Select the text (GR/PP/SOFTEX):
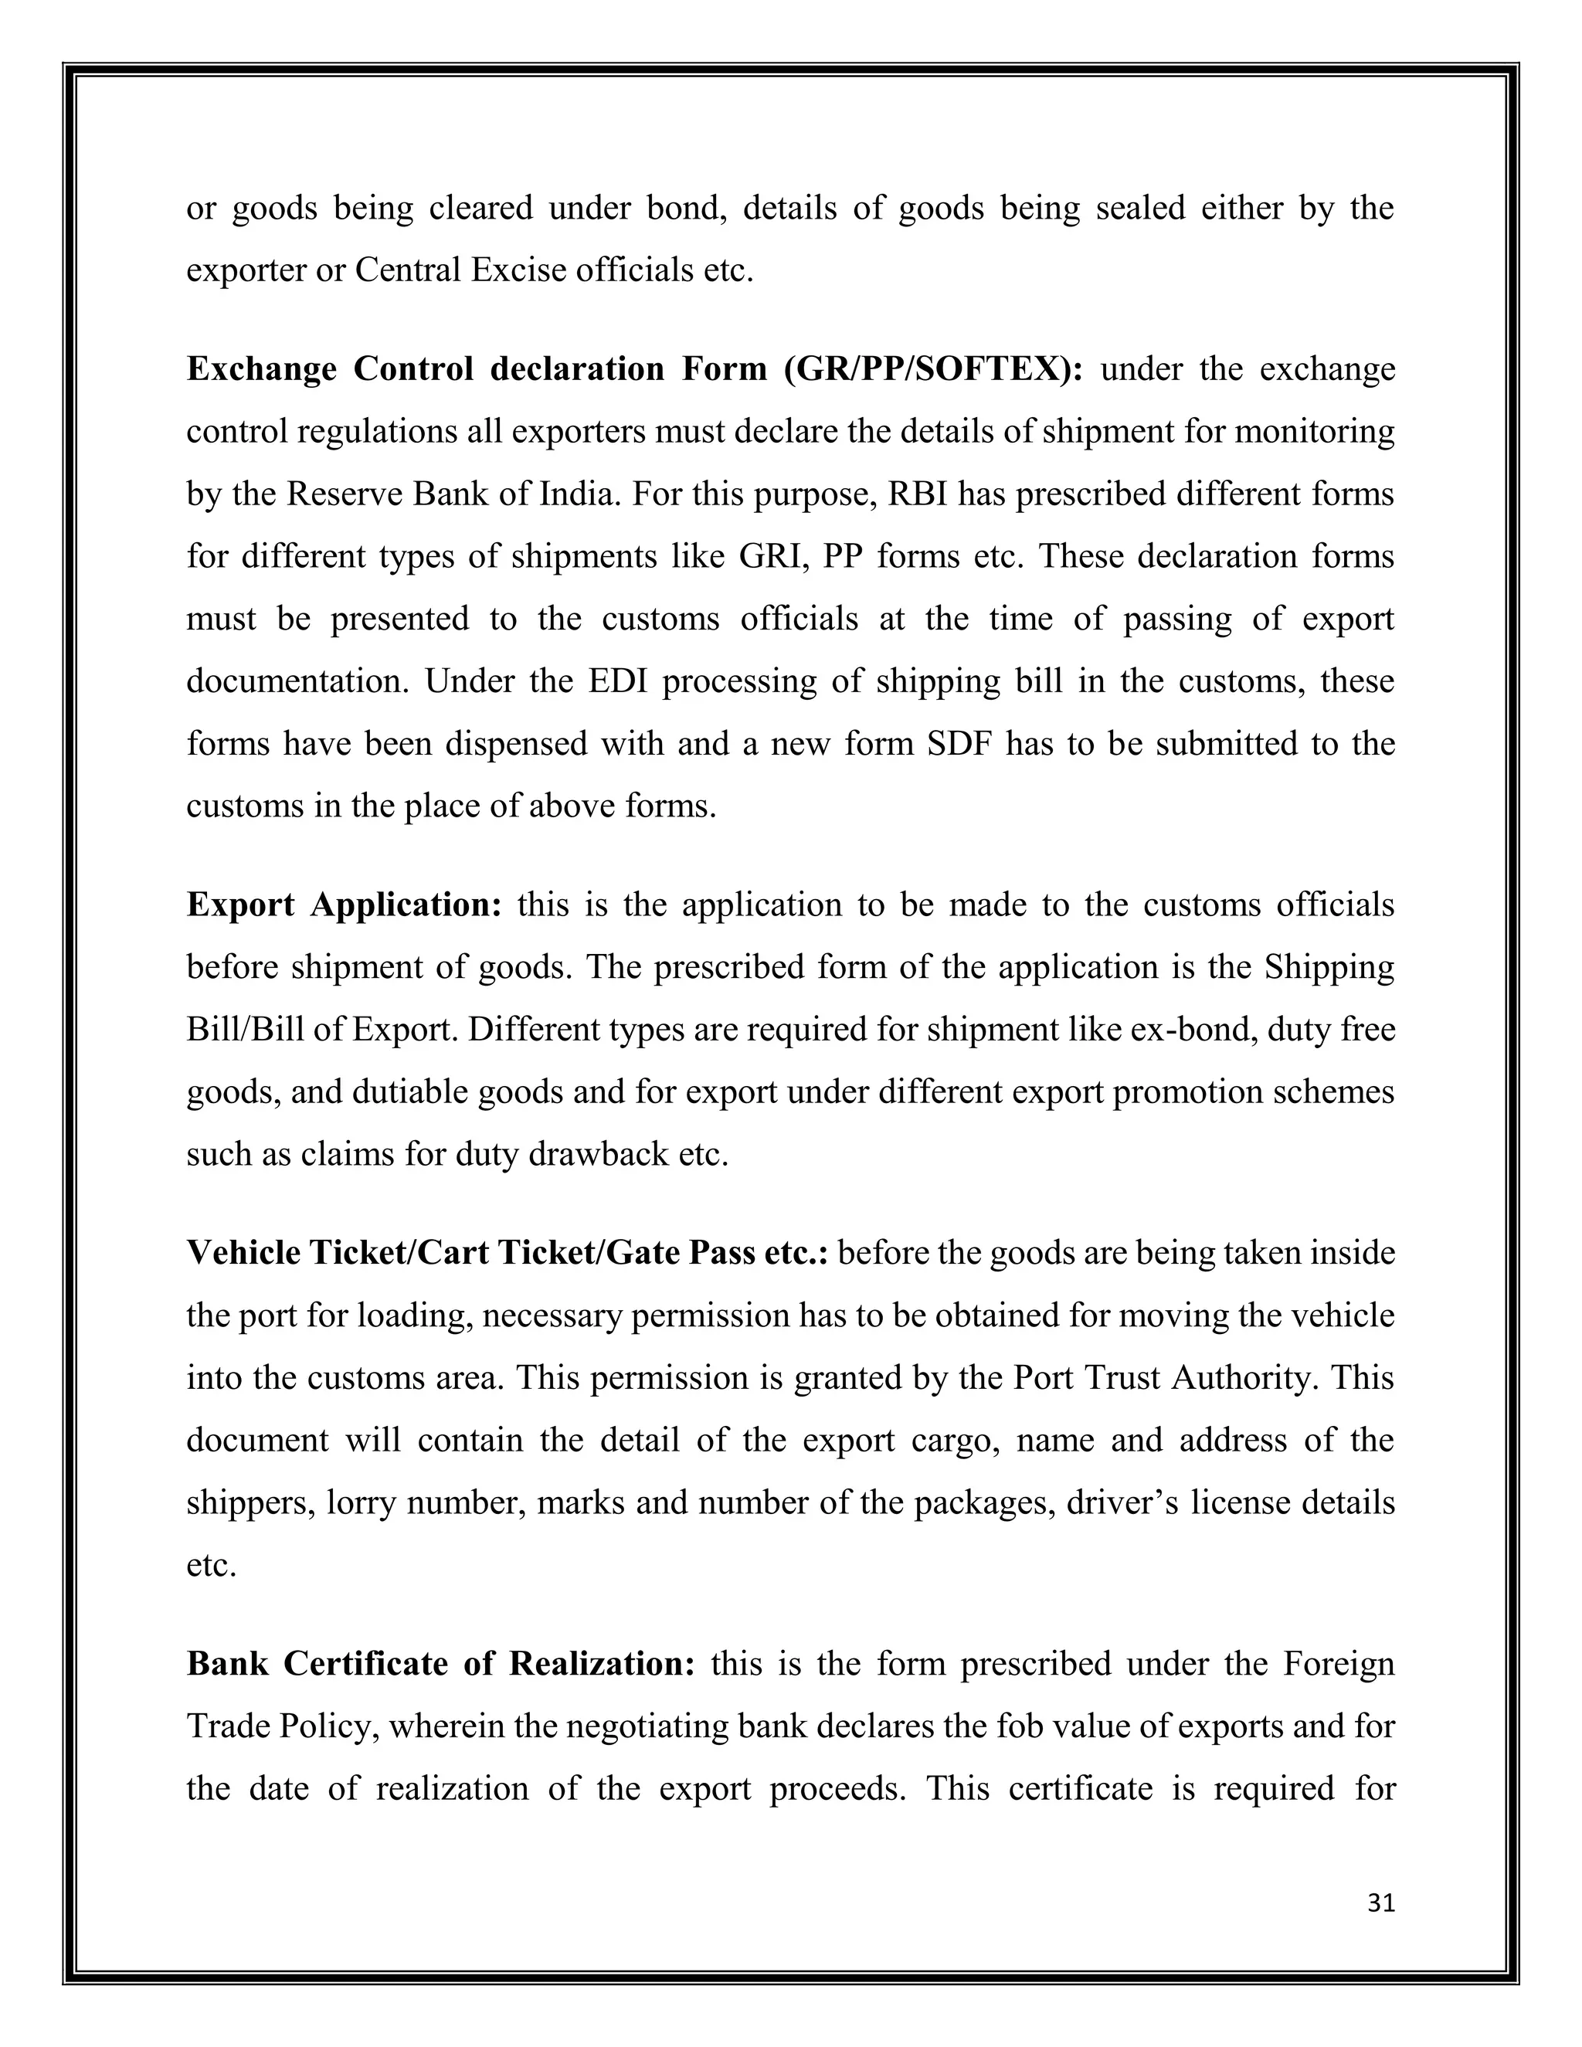pos(933,369)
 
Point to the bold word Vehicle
pos(243,1252)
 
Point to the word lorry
pos(362,1502)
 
